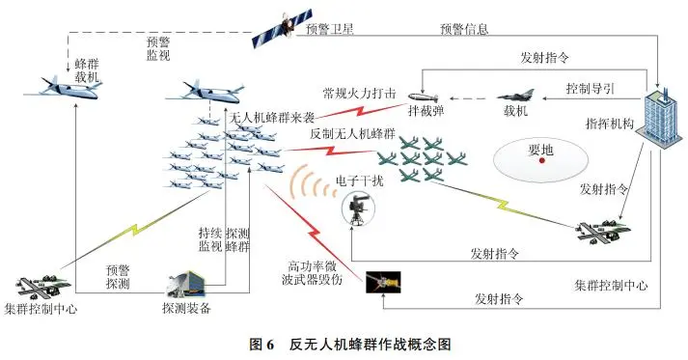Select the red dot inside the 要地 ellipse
(543, 162)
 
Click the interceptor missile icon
(426, 97)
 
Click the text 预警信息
(466, 29)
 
